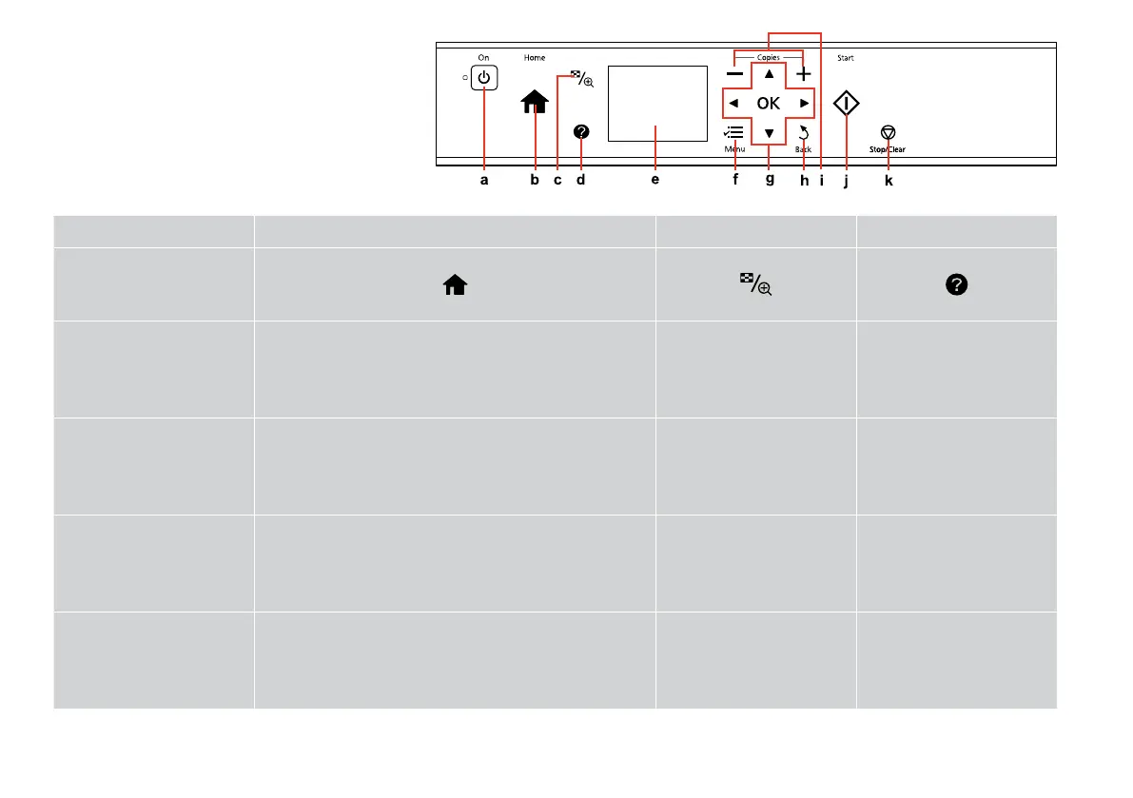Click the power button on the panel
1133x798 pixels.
(484, 77)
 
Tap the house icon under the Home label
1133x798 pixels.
(535, 102)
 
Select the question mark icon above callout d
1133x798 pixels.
(581, 132)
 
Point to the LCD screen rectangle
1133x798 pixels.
(656, 104)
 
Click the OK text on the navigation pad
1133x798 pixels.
(768, 103)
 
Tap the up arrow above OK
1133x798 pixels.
(769, 73)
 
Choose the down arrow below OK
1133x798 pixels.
(769, 133)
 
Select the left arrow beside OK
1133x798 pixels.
(733, 103)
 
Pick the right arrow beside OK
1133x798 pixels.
(804, 103)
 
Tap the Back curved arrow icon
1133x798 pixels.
(804, 132)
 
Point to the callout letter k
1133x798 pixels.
(889, 181)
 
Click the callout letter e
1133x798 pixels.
(654, 181)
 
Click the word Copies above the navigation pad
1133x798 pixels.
(769, 58)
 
